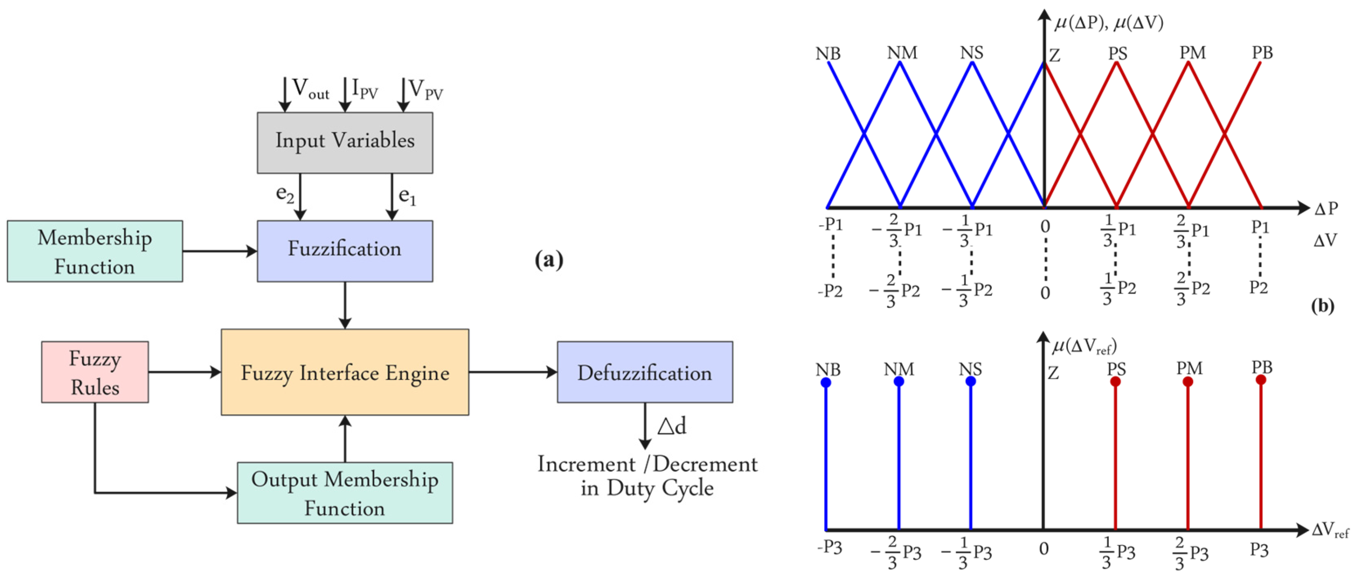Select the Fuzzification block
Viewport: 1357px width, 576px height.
[345, 250]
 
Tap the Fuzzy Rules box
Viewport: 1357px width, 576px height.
[95, 372]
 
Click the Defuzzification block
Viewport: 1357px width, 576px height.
[644, 372]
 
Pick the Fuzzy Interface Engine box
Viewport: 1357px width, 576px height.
[345, 372]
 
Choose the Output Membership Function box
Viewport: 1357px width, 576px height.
[345, 492]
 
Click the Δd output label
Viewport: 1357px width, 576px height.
[672, 426]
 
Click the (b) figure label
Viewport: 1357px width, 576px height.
[1322, 306]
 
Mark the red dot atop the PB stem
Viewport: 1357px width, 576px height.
[1261, 380]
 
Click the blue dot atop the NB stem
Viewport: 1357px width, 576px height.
[825, 383]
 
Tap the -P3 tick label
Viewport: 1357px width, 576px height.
[830, 548]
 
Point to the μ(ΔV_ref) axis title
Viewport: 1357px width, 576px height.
[1084, 346]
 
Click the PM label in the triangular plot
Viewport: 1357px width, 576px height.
[1192, 53]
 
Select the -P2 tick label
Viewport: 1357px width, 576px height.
[830, 290]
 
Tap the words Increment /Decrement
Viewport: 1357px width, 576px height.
[647, 464]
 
